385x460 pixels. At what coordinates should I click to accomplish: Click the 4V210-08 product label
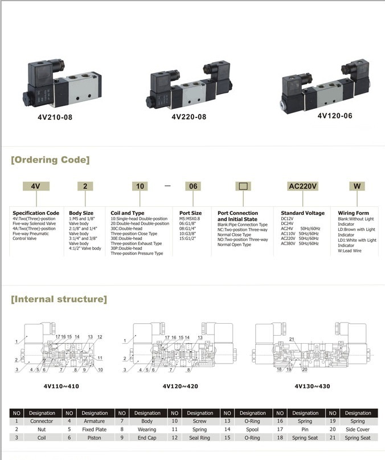click(x=51, y=118)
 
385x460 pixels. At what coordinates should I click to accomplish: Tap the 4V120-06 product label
click(x=335, y=115)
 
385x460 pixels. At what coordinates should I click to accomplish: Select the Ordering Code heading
click(x=50, y=160)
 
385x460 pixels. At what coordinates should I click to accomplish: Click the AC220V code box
click(x=303, y=186)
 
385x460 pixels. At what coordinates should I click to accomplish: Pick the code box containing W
click(x=357, y=186)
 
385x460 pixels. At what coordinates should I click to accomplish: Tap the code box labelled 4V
click(x=35, y=186)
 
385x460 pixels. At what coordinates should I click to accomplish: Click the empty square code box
click(x=243, y=186)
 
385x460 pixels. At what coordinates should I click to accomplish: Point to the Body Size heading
click(x=81, y=213)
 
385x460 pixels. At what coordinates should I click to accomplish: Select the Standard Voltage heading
click(x=302, y=213)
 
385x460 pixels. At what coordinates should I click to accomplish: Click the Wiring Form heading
click(x=353, y=213)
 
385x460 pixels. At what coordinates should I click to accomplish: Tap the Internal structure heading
click(x=59, y=299)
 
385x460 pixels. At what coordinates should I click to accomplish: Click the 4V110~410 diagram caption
click(x=61, y=386)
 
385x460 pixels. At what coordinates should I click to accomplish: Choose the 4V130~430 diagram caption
click(x=312, y=386)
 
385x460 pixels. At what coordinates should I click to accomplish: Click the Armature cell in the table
click(x=95, y=421)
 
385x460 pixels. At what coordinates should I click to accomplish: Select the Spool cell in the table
click(x=253, y=429)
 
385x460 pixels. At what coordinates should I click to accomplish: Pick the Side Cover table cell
click(x=358, y=429)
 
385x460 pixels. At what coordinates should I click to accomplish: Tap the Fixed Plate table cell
click(x=95, y=429)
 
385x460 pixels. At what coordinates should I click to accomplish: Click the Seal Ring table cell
click(x=200, y=437)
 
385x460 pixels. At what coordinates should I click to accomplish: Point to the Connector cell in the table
click(x=42, y=421)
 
